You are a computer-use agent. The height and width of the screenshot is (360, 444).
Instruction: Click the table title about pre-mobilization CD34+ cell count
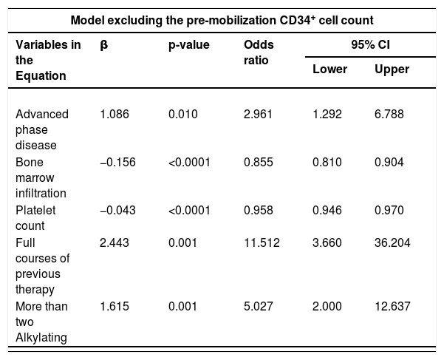(222, 21)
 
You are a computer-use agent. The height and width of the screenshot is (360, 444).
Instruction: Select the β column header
(104, 45)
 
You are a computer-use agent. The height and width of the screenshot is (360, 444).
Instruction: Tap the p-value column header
(189, 45)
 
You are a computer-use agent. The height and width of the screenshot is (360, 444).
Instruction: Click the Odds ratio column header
(259, 52)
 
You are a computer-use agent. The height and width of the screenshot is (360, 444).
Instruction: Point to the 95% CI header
(370, 45)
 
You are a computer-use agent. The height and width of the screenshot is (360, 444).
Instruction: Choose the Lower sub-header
(330, 69)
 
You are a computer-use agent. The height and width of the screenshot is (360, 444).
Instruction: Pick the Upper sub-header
(392, 69)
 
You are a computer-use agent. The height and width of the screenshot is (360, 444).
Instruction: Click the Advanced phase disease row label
(42, 129)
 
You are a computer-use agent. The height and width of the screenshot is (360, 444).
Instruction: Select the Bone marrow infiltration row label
(41, 177)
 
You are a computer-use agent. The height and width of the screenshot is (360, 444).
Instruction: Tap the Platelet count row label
(35, 218)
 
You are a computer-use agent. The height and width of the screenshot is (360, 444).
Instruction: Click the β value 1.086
(115, 114)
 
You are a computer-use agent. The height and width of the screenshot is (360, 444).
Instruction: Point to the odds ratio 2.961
(259, 114)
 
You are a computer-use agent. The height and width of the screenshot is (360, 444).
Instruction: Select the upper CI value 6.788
(389, 114)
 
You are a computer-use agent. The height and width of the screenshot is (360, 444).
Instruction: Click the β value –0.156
(117, 162)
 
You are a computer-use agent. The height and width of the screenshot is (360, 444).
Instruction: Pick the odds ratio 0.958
(259, 210)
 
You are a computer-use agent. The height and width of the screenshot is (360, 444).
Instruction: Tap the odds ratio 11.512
(262, 242)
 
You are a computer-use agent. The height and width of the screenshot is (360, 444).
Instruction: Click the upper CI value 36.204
(392, 242)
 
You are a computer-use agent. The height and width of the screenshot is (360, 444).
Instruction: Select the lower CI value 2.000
(327, 306)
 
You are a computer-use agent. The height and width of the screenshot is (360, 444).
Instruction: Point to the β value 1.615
(115, 306)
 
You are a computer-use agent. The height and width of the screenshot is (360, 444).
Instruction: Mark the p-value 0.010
(183, 114)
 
